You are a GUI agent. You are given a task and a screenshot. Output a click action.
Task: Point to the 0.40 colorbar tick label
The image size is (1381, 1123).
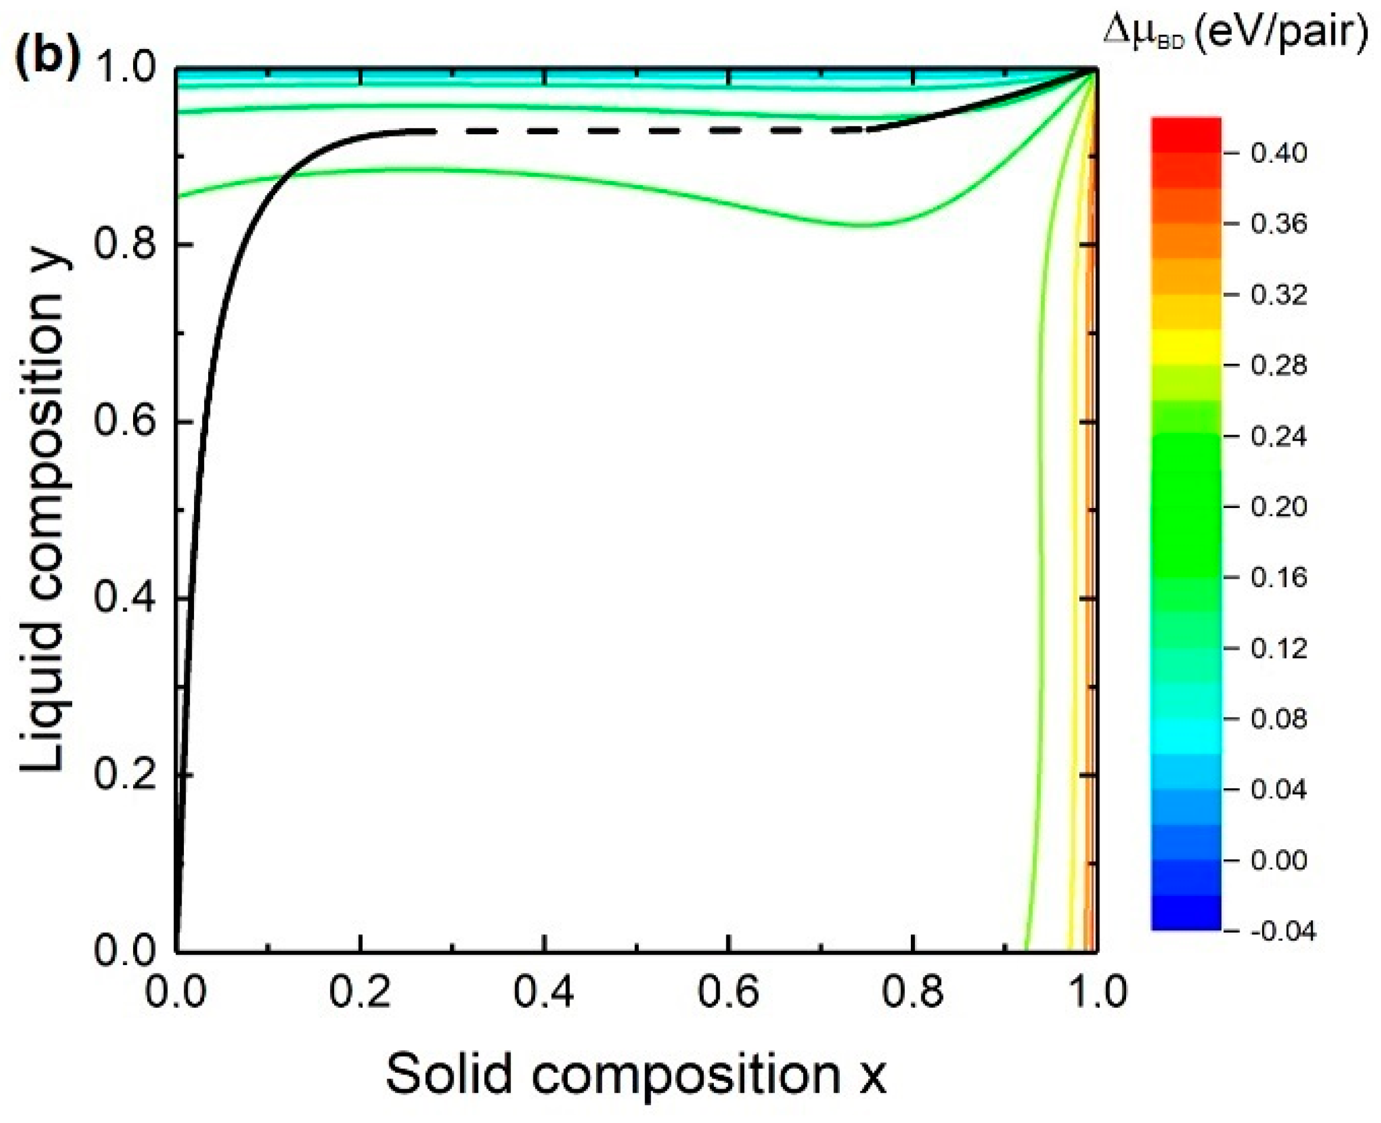click(x=1278, y=153)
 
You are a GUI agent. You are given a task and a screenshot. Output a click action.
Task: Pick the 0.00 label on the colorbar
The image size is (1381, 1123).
click(x=1278, y=860)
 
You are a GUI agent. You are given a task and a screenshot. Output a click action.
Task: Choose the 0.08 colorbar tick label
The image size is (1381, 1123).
click(x=1278, y=719)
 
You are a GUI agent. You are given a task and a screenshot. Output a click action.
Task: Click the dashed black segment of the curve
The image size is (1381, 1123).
click(x=647, y=131)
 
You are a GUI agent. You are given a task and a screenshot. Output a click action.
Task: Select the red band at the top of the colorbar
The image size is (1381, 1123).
click(x=1186, y=132)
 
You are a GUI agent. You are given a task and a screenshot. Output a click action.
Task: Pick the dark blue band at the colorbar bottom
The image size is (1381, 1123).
click(x=1186, y=914)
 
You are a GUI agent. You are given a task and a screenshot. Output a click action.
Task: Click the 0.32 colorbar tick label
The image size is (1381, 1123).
click(x=1278, y=295)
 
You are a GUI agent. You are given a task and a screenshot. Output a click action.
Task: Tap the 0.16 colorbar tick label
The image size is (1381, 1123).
click(x=1278, y=577)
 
